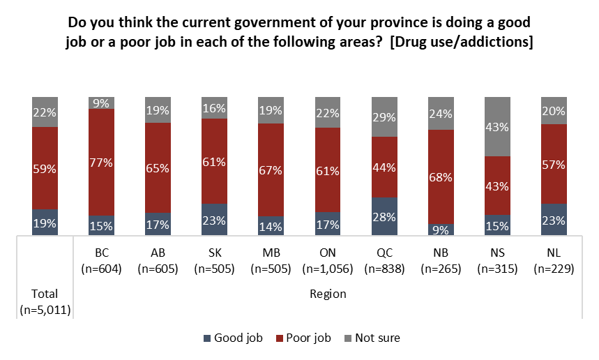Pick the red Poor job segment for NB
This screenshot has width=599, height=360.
[441, 177]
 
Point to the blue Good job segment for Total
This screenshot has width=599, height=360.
[45, 223]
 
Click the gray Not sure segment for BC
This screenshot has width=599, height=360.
[102, 102]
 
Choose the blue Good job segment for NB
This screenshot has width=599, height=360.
[441, 230]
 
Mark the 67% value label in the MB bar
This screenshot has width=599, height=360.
[271, 170]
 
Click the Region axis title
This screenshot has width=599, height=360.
[328, 294]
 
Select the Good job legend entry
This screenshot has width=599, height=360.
[233, 338]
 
